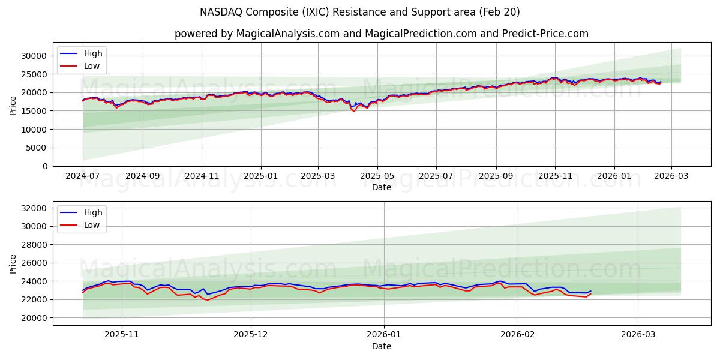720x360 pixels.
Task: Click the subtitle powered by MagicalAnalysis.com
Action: (x=381, y=34)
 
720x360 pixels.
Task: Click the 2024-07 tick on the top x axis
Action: (x=83, y=176)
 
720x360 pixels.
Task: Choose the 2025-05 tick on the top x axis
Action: (x=377, y=176)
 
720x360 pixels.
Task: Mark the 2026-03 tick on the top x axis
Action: (x=671, y=176)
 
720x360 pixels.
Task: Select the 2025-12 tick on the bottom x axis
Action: (x=251, y=335)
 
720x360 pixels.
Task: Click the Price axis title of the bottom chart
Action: (x=13, y=263)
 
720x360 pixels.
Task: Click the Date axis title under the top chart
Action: (x=381, y=187)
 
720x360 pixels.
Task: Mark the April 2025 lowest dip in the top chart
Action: (x=354, y=111)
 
